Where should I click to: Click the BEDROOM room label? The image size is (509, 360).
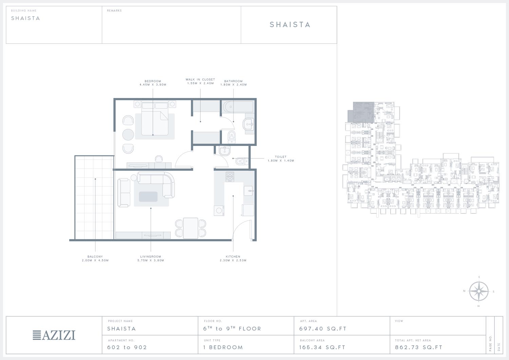pos(153,81)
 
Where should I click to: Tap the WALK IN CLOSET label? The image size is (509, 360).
pos(200,79)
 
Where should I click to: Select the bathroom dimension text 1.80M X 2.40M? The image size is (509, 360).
pos(233,84)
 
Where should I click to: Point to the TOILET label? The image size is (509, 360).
pos(281,157)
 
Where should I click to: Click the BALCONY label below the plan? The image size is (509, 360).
pos(95,257)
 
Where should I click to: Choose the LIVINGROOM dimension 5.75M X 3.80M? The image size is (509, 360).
pos(151,261)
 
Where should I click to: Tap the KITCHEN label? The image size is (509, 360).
pos(233,257)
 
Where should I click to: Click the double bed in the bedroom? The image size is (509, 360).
pos(155,118)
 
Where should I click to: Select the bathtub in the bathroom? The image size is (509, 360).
pos(238,107)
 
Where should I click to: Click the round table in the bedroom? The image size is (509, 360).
pos(128,135)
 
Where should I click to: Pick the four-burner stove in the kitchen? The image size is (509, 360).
pos(230,176)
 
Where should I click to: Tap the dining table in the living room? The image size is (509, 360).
pos(191,228)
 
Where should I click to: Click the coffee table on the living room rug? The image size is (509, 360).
pos(148,196)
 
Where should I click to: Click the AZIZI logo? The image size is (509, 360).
pos(54,335)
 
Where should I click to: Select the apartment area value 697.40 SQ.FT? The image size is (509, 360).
pos(323,329)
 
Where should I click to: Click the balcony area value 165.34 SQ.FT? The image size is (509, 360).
pos(322,347)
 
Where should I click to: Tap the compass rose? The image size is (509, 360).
pos(479,291)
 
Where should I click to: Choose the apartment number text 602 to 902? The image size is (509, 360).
pos(127,347)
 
